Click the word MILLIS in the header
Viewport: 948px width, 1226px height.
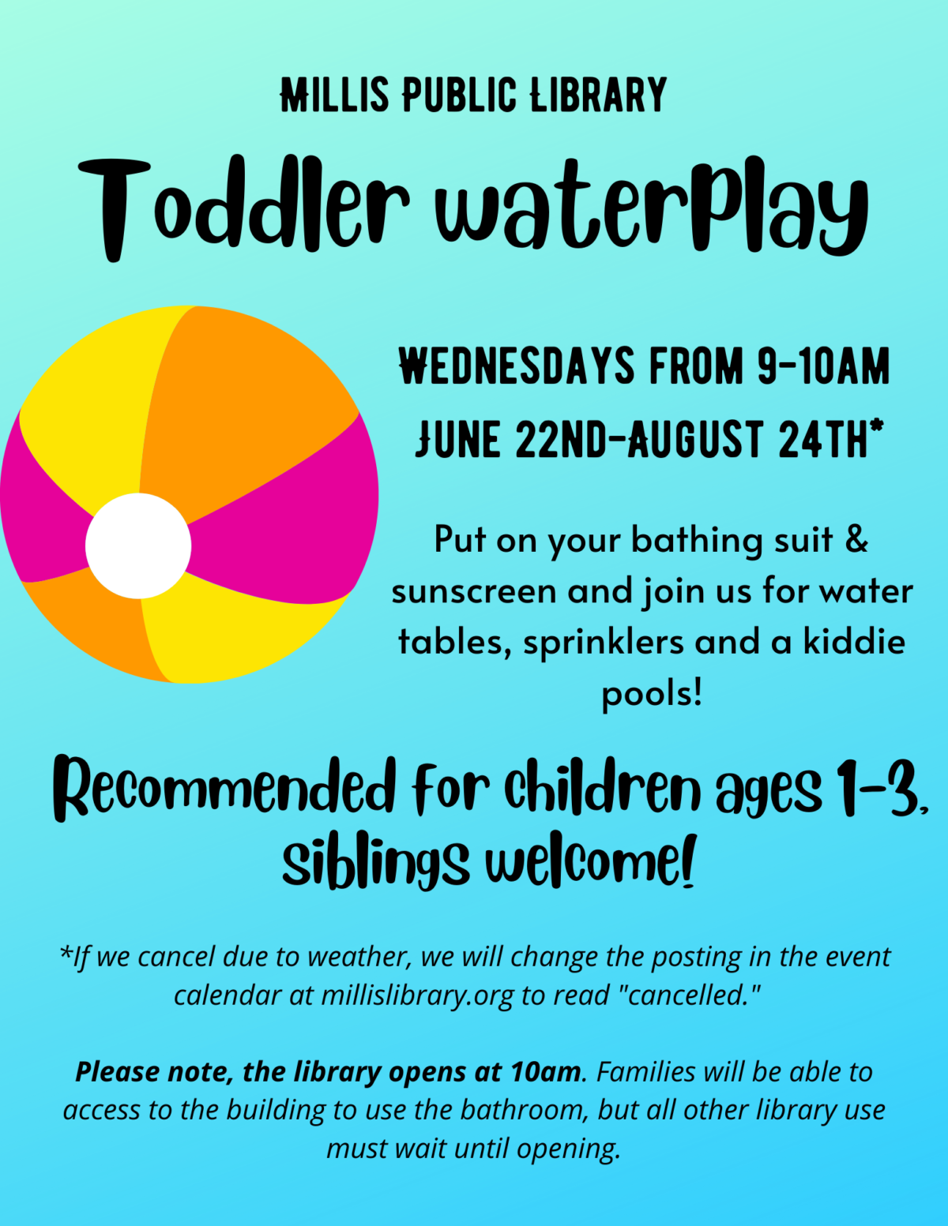(335, 94)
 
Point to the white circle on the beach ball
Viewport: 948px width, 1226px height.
(138, 546)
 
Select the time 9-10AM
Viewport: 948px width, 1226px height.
(824, 366)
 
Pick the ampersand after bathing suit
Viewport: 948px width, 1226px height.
(856, 538)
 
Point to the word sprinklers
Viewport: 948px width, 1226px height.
(604, 643)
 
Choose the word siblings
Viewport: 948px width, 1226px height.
(375, 861)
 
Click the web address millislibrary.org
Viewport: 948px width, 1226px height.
(418, 995)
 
